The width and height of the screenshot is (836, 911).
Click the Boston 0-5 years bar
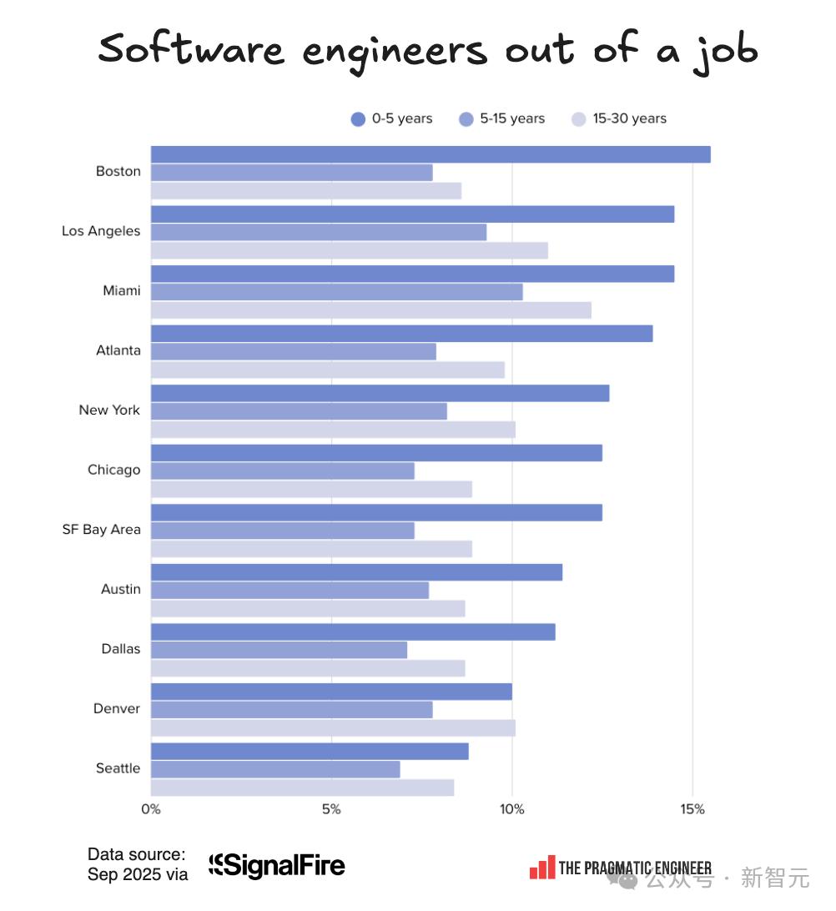pos(430,154)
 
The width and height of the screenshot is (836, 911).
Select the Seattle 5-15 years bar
pos(275,769)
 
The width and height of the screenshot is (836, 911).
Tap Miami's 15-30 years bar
pos(370,310)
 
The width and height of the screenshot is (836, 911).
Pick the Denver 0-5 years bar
pos(331,692)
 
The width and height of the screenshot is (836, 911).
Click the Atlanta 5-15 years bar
pos(293,351)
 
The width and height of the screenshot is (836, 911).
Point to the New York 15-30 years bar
pos(333,430)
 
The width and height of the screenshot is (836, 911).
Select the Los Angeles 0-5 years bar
pos(412,214)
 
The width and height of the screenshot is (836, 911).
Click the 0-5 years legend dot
pos(359,119)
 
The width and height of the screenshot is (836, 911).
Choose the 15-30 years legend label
pos(629,118)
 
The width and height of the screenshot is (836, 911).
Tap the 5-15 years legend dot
pos(466,119)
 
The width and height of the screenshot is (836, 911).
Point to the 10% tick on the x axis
pos(511,809)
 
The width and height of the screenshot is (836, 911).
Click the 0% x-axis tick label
pos(151,809)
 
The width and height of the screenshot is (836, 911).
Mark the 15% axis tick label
pos(692,809)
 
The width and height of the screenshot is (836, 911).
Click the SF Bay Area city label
pos(101,530)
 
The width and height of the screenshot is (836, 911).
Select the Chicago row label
pos(114,470)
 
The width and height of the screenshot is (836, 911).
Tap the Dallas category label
pos(121,649)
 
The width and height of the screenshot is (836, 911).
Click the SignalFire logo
pos(277,866)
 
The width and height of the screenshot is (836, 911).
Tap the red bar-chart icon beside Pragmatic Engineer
pos(541,868)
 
